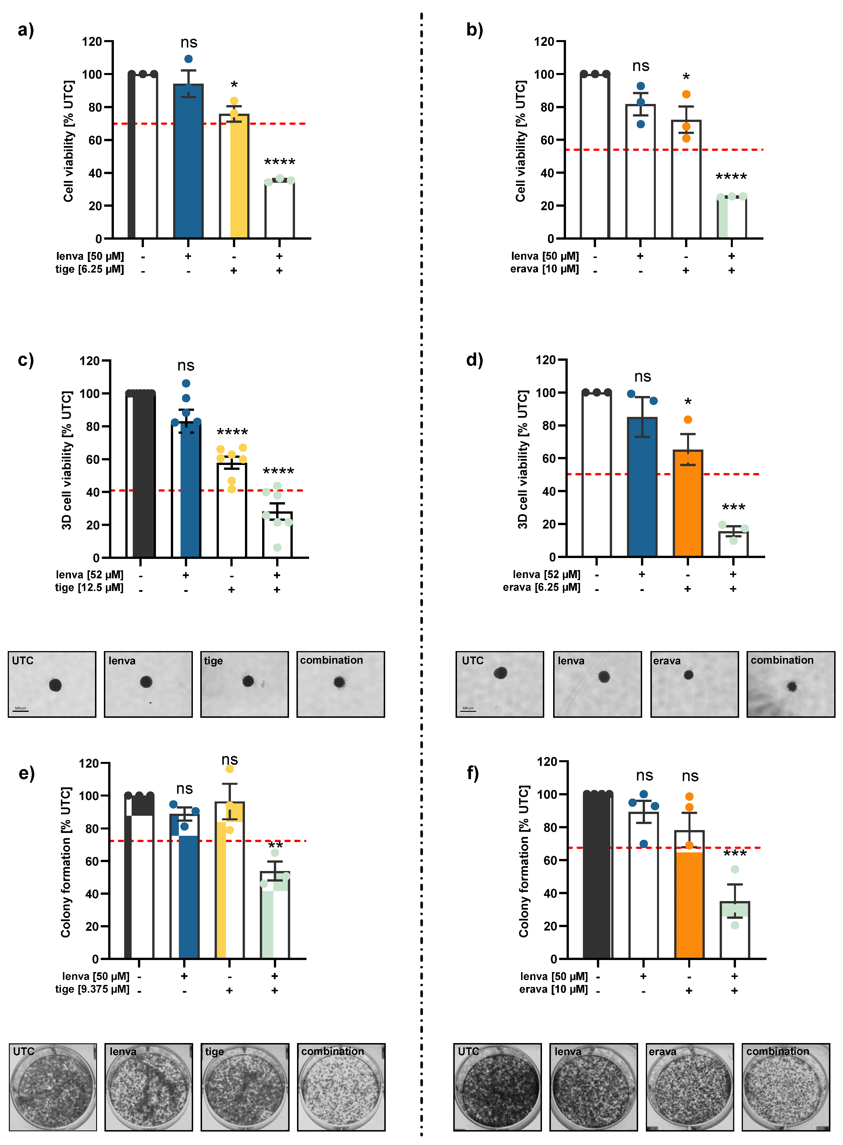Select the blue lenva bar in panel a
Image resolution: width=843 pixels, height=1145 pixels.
(x=188, y=163)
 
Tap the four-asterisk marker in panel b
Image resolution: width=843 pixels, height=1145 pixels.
(x=731, y=177)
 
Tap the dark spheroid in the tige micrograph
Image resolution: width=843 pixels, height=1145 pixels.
(x=248, y=681)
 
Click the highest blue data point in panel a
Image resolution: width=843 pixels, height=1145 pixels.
(x=188, y=59)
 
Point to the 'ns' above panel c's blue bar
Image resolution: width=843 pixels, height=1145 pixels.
(x=186, y=366)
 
